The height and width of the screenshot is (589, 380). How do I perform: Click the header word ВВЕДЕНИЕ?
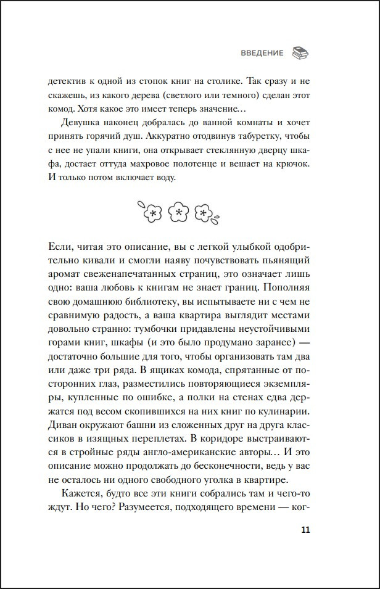262,53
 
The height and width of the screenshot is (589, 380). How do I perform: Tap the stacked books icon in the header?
299,52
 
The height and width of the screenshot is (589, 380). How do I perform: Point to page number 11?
307,531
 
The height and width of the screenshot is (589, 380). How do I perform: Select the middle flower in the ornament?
178,212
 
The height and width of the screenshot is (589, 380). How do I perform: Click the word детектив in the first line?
67,81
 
